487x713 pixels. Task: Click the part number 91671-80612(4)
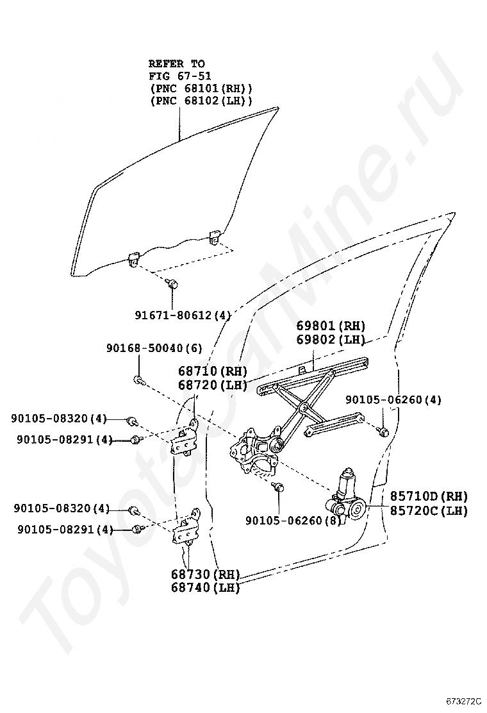coord(183,315)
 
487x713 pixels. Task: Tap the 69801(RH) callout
coord(331,326)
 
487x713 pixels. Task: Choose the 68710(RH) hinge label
coord(212,371)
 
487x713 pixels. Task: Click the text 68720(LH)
coord(212,385)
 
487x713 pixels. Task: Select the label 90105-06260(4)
coord(393,400)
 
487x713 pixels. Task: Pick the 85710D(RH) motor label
coord(429,496)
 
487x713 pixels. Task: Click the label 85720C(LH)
coord(429,510)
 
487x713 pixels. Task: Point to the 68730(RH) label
coord(205,574)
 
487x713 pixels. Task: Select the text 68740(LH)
coord(205,587)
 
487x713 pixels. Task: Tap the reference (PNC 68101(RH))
coord(201,88)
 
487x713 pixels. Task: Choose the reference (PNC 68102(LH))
coord(201,101)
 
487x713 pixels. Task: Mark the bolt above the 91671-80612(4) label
coord(172,283)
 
